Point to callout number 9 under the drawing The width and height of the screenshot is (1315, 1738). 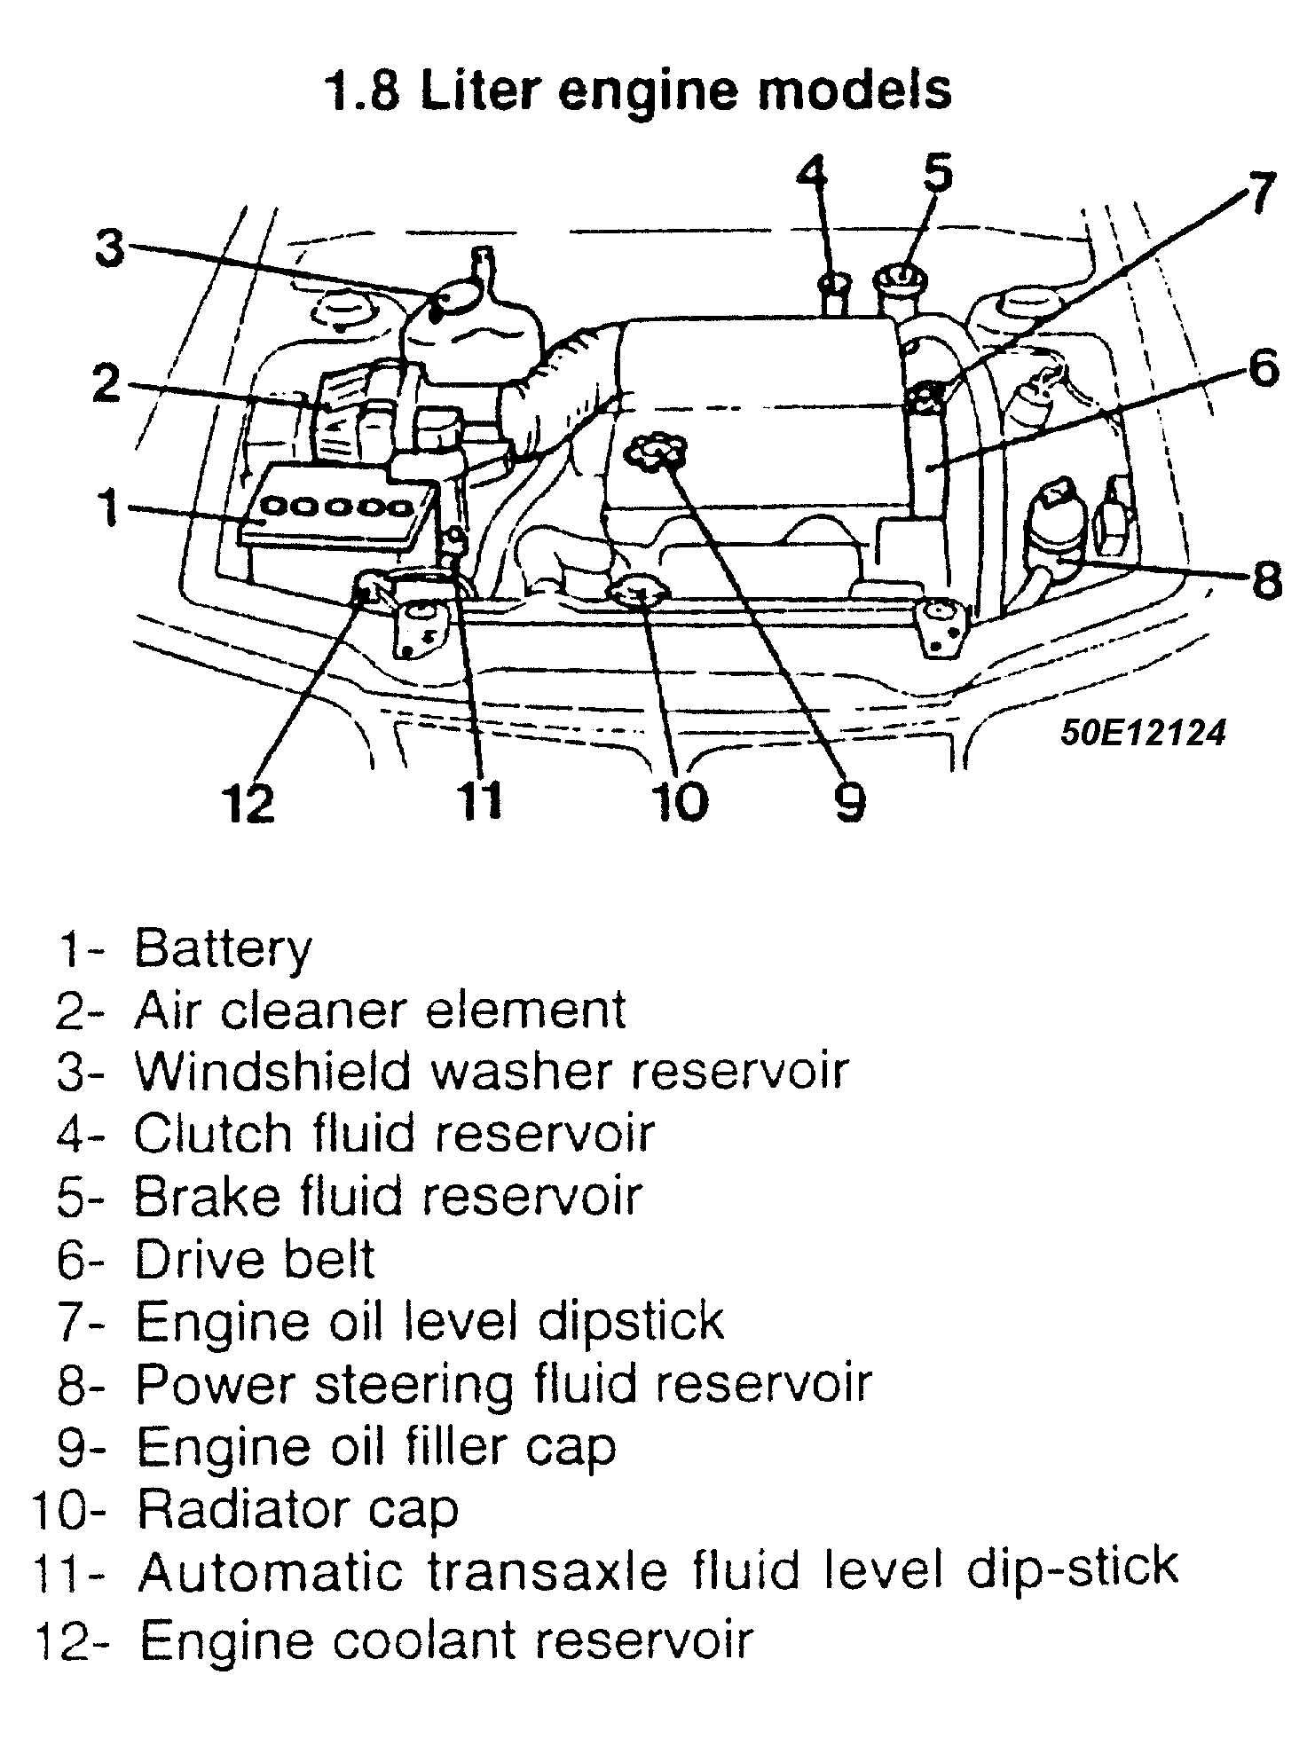tap(848, 800)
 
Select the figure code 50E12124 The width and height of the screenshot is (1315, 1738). tap(1144, 733)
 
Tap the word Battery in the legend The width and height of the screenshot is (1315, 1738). tap(223, 949)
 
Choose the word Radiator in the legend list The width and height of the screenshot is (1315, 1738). tap(254, 1509)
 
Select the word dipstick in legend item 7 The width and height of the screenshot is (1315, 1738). tap(630, 1322)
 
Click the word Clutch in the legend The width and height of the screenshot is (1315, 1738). tap(212, 1134)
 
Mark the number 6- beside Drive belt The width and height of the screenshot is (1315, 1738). tap(80, 1261)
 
